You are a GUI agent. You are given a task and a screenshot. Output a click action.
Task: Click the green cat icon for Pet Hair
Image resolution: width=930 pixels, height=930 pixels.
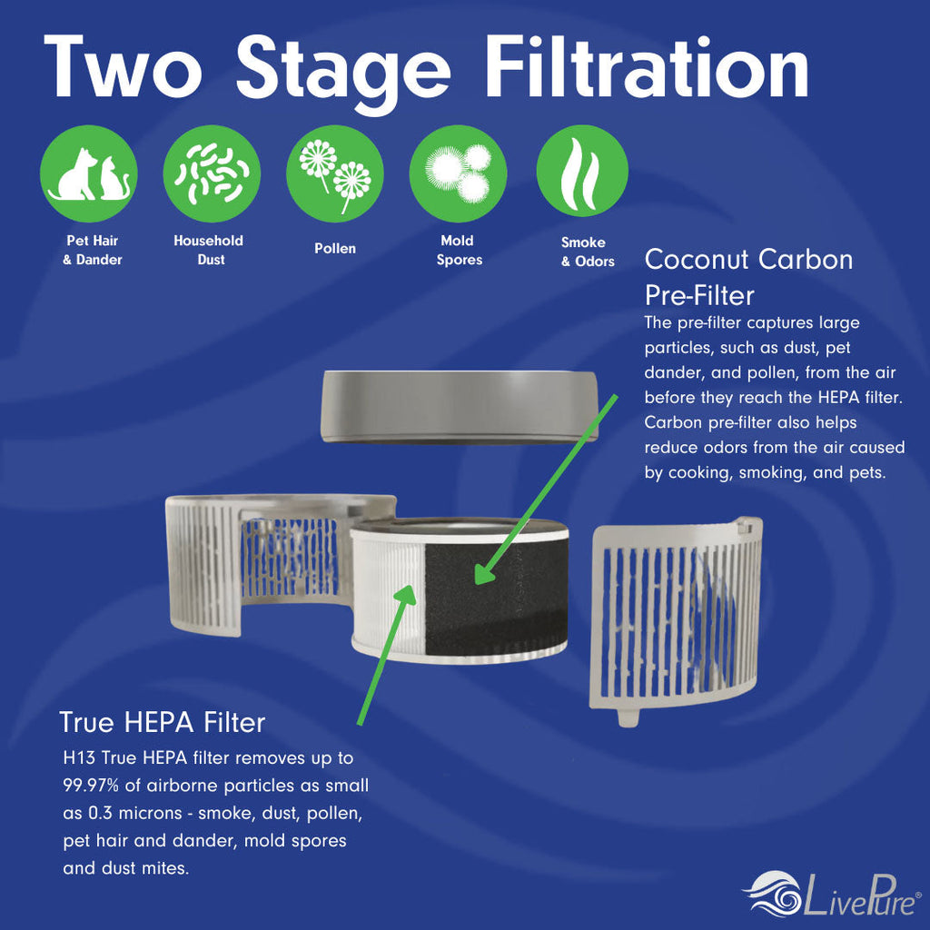pyautogui.click(x=89, y=173)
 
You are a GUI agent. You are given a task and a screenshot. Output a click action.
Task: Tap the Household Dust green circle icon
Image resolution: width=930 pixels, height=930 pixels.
pyautogui.click(x=212, y=173)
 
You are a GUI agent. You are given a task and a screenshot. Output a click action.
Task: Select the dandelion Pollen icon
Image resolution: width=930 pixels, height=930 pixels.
pyautogui.click(x=335, y=173)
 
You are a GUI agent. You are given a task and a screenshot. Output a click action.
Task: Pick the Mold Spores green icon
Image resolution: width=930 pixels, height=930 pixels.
pyautogui.click(x=459, y=173)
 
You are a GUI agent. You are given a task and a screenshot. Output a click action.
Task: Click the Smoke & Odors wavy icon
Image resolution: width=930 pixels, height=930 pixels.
pyautogui.click(x=582, y=172)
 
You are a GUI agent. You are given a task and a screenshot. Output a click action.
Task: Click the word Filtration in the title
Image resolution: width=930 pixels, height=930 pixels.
pyautogui.click(x=647, y=66)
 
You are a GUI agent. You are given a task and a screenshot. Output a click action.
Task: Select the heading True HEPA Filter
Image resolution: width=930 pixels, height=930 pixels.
pyautogui.click(x=162, y=722)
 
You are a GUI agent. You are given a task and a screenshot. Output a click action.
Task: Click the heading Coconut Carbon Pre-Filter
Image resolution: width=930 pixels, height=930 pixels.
pyautogui.click(x=749, y=277)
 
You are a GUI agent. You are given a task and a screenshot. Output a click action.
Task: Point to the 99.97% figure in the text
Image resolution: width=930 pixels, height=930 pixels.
pyautogui.click(x=91, y=786)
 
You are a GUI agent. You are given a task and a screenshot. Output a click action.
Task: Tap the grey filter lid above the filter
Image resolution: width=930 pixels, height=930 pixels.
pyautogui.click(x=459, y=407)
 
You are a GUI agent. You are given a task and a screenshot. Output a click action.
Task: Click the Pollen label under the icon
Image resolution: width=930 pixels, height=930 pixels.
pyautogui.click(x=335, y=249)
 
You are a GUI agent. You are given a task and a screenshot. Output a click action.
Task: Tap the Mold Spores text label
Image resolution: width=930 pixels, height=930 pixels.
pyautogui.click(x=459, y=251)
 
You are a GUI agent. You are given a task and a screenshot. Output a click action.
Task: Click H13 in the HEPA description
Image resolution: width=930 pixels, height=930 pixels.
pyautogui.click(x=80, y=757)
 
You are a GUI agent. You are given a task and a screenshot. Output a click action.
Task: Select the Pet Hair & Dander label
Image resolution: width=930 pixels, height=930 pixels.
pyautogui.click(x=93, y=251)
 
